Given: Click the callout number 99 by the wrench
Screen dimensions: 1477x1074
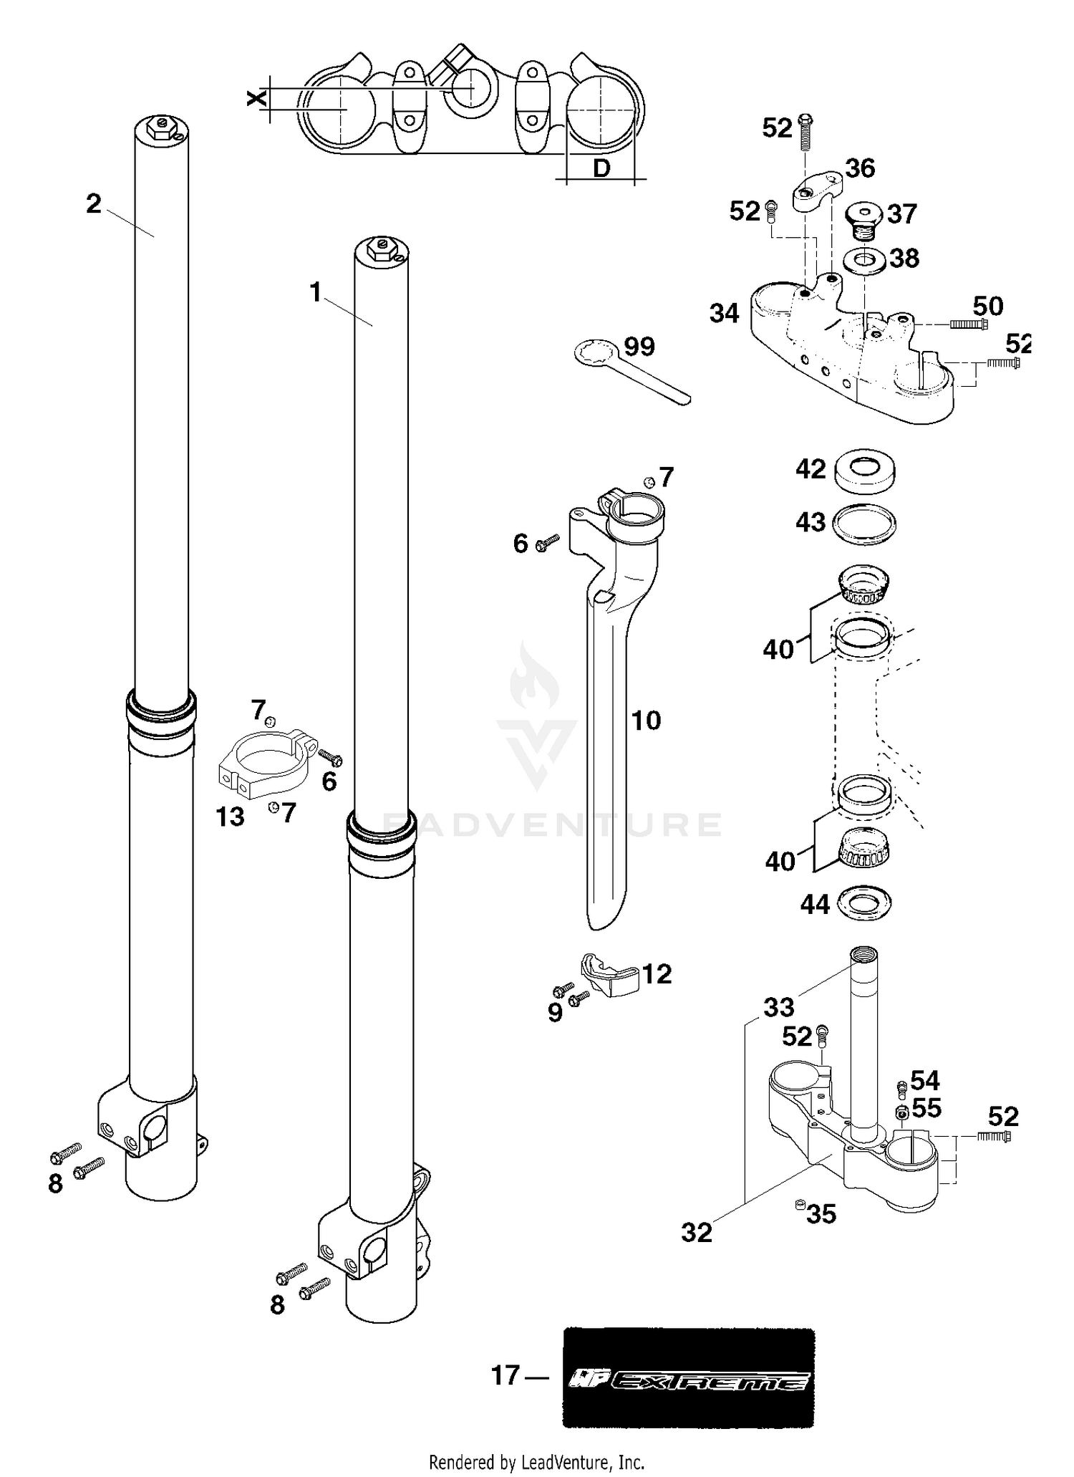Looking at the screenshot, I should click(639, 347).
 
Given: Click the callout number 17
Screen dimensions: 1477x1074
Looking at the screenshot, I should click(505, 1375).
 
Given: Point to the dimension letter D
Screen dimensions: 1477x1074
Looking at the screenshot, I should click(601, 169).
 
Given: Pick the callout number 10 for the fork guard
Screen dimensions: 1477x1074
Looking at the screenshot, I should click(646, 721).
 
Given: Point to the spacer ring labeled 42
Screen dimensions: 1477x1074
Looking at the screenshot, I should click(866, 471).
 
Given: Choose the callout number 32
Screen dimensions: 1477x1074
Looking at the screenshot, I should click(697, 1233).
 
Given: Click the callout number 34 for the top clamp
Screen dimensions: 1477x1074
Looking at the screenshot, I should click(725, 314).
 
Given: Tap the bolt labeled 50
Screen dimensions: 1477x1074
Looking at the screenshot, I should click(968, 324).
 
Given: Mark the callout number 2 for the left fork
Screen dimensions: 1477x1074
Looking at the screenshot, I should click(94, 204).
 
